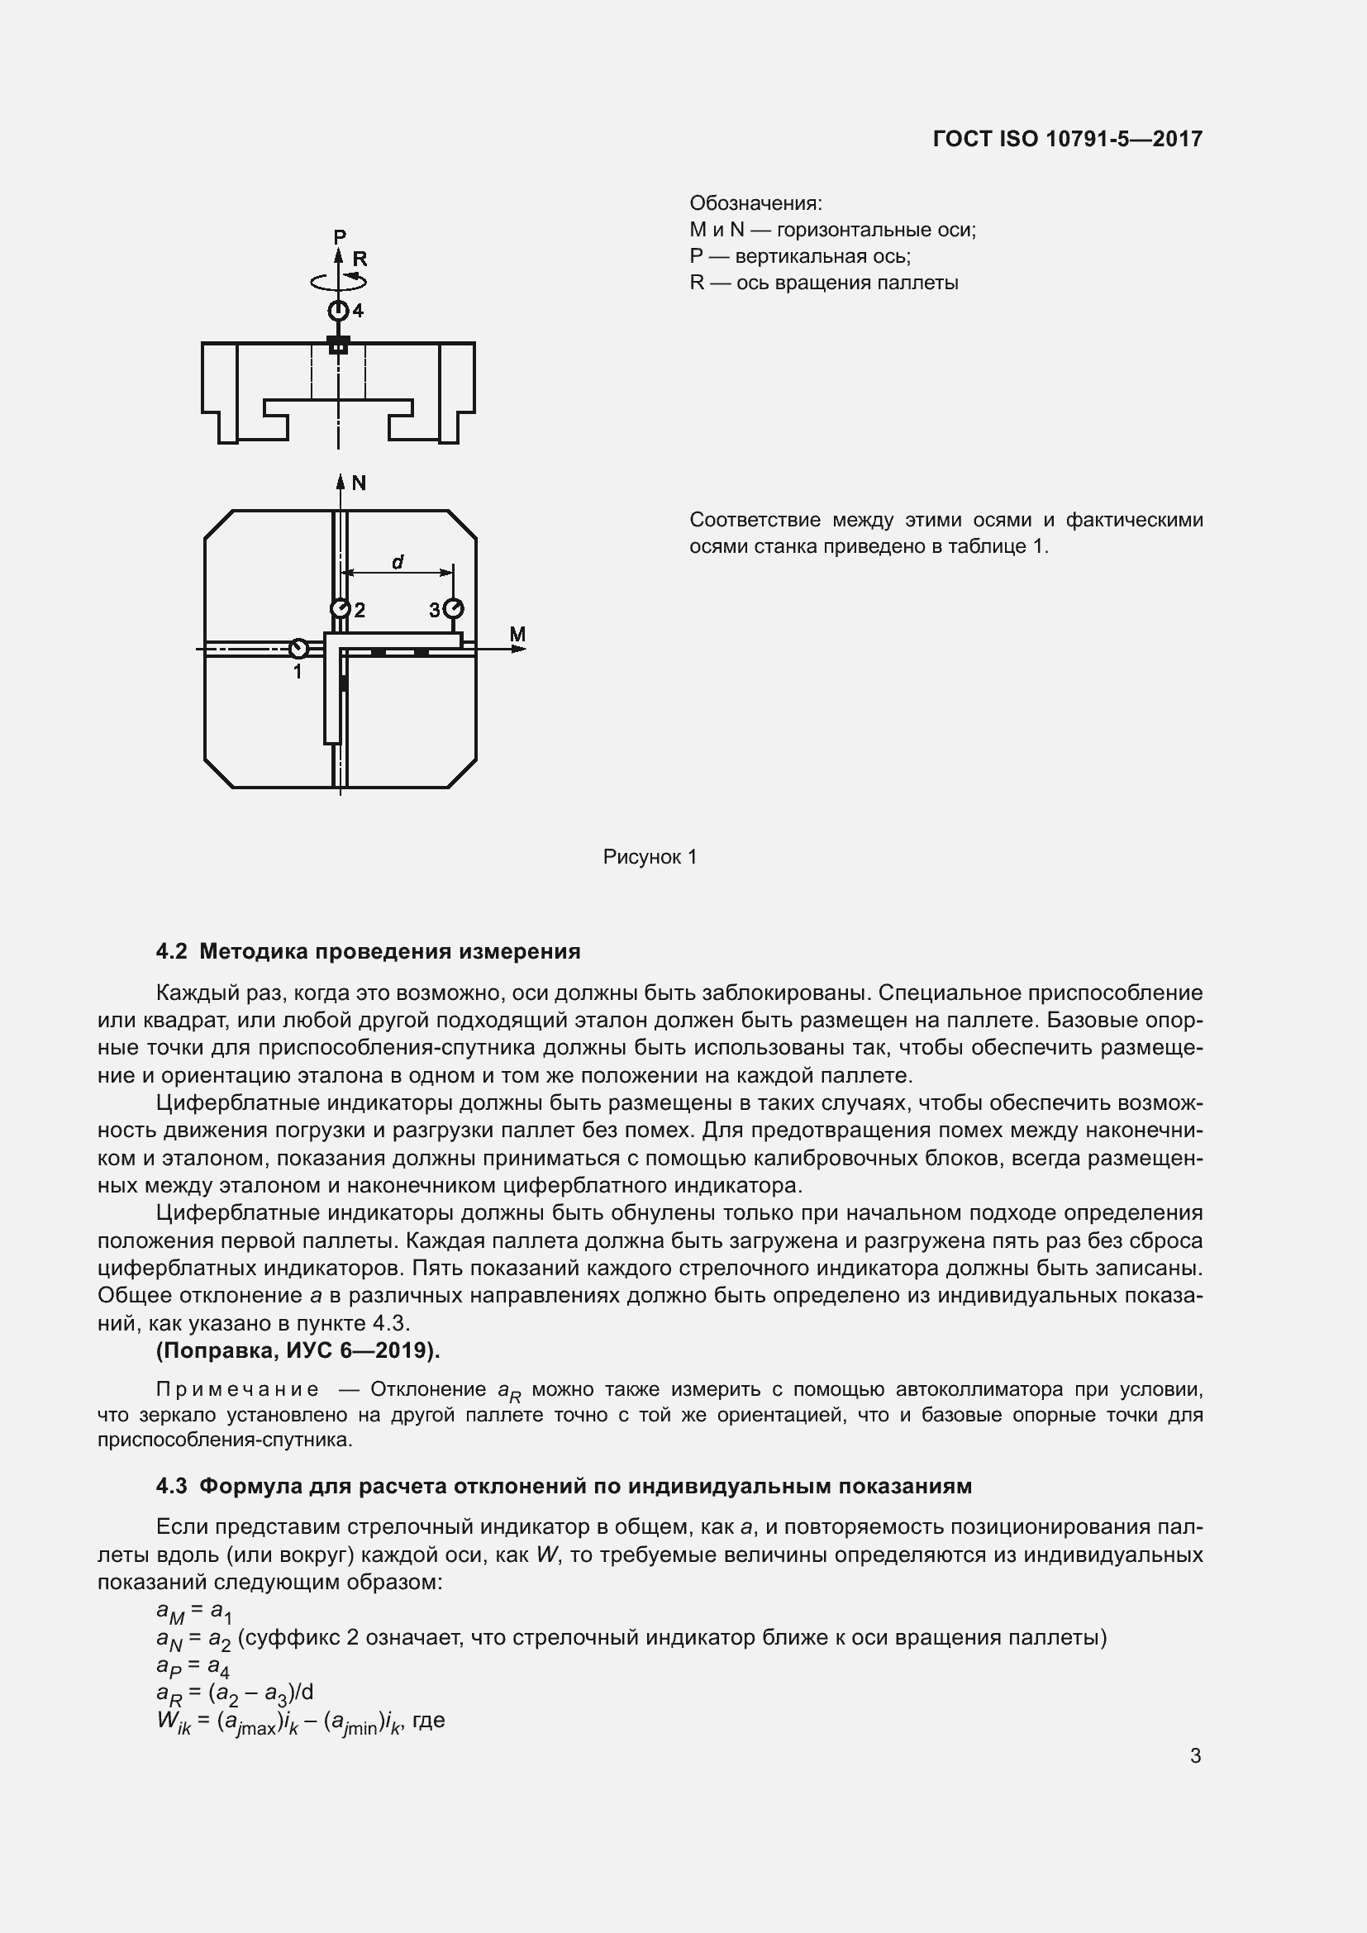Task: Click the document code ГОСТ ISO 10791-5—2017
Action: pos(1067,139)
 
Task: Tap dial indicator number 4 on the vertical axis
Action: pos(338,311)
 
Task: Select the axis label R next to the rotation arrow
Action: pos(360,259)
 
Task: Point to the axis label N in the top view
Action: pos(359,483)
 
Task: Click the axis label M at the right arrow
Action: pos(517,634)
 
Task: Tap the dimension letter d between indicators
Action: pos(398,561)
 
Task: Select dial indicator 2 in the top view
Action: pos(340,609)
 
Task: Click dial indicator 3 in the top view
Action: pos(454,609)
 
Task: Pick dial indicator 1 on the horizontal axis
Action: pos(298,649)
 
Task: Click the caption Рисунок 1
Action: pos(650,857)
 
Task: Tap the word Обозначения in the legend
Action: pos(755,204)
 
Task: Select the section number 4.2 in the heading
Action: pos(172,952)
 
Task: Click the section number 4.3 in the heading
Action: pos(172,1487)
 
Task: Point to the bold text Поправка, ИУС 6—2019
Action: pos(298,1350)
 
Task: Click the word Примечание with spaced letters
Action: pos(237,1390)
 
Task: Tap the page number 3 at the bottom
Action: pos(1195,1756)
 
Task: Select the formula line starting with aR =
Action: pos(235,1693)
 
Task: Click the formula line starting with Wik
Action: pos(300,1721)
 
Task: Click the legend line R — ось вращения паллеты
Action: pos(823,283)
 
